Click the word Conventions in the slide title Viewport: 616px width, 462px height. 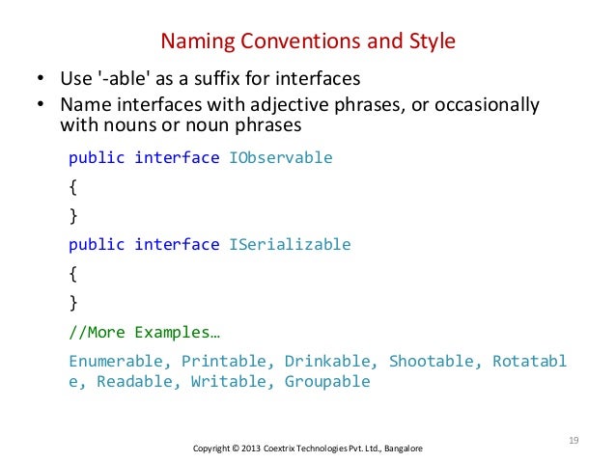coord(296,41)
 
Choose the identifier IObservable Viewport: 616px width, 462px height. coord(280,158)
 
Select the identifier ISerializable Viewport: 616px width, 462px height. coord(290,245)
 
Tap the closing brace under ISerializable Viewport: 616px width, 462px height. coord(72,304)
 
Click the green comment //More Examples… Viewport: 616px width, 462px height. coord(144,333)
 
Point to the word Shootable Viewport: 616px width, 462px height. coord(432,363)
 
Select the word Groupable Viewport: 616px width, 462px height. coord(327,382)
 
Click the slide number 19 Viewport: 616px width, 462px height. coord(573,441)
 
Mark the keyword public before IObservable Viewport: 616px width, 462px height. coord(97,158)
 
